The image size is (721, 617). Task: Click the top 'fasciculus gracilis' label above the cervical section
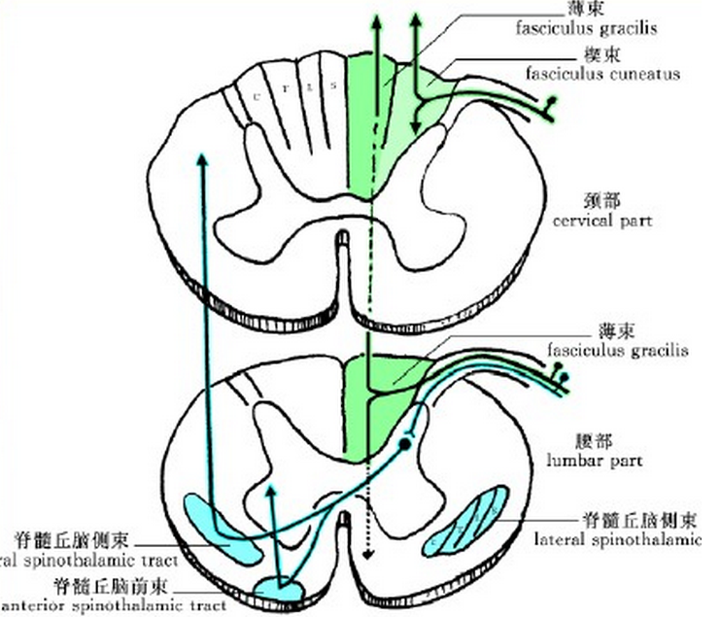tap(586, 27)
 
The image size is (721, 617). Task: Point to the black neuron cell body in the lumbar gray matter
tap(403, 445)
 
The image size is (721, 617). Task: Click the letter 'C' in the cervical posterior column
tap(257, 95)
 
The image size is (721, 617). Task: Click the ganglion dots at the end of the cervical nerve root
tap(554, 102)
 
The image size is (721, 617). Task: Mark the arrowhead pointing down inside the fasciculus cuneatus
tap(415, 126)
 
